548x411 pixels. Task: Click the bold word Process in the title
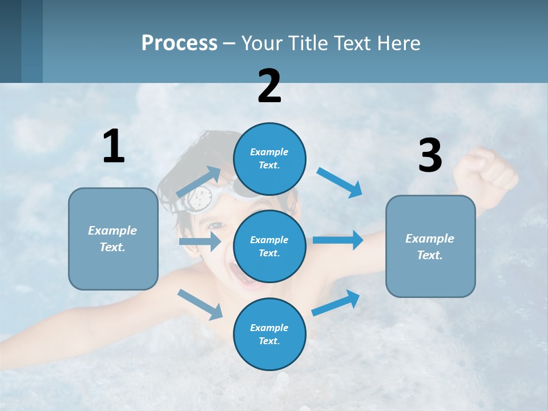(179, 43)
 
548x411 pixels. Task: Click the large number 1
(114, 147)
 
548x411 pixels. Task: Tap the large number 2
(269, 86)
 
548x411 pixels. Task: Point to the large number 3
(430, 156)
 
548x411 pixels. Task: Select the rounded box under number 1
(113, 239)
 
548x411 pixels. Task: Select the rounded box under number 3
(430, 246)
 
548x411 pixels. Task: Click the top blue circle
(269, 159)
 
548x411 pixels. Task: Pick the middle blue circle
(269, 246)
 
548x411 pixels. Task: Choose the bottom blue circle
(269, 334)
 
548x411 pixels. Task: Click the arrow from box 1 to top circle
(199, 182)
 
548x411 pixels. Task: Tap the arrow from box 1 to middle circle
(200, 241)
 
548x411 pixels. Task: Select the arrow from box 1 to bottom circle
(200, 304)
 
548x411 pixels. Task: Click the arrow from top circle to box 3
(340, 182)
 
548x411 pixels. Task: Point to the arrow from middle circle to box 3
(338, 240)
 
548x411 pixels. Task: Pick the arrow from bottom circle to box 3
(336, 303)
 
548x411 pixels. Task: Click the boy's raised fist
(485, 171)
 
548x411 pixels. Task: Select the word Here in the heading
(398, 43)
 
